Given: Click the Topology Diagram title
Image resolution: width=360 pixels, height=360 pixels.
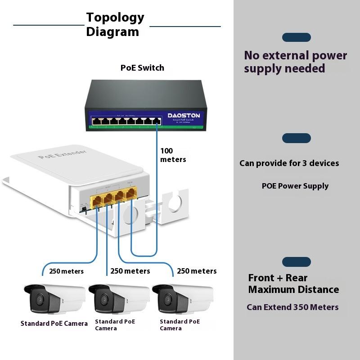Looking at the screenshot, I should click(115, 24).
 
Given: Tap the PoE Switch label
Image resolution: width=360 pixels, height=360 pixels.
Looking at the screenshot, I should click(142, 68).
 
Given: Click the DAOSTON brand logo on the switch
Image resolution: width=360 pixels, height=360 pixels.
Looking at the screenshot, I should click(183, 116).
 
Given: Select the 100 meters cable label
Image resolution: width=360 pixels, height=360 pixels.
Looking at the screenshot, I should click(173, 155).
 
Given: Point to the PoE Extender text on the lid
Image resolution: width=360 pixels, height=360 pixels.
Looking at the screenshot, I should click(63, 154).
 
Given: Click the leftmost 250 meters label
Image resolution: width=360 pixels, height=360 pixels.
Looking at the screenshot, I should click(66, 271).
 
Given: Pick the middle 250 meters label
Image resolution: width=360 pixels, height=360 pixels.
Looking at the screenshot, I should click(130, 271).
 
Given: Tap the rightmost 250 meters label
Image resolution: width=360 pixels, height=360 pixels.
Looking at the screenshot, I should click(197, 271).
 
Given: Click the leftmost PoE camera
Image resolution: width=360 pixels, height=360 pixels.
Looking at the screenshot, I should click(54, 298).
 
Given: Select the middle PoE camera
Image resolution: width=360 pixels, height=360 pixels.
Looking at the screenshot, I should click(119, 298).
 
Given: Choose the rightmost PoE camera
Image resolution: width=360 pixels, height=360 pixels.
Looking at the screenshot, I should click(183, 298).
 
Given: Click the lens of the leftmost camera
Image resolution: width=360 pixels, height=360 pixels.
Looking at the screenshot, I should click(40, 299).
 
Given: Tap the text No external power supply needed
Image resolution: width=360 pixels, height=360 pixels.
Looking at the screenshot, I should click(295, 62).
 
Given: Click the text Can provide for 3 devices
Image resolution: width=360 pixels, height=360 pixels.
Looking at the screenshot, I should click(289, 163).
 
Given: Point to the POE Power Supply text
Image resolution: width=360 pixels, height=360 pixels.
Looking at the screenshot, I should click(295, 186).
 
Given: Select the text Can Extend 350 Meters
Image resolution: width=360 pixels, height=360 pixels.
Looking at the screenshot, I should click(292, 307).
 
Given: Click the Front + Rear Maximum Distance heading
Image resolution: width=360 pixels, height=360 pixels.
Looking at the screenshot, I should click(293, 283).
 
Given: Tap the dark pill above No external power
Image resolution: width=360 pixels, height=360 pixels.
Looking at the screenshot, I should click(297, 37).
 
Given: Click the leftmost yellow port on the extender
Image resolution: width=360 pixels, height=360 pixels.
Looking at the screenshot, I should click(97, 201).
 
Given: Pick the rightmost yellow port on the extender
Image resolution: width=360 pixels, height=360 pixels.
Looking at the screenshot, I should click(131, 194).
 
